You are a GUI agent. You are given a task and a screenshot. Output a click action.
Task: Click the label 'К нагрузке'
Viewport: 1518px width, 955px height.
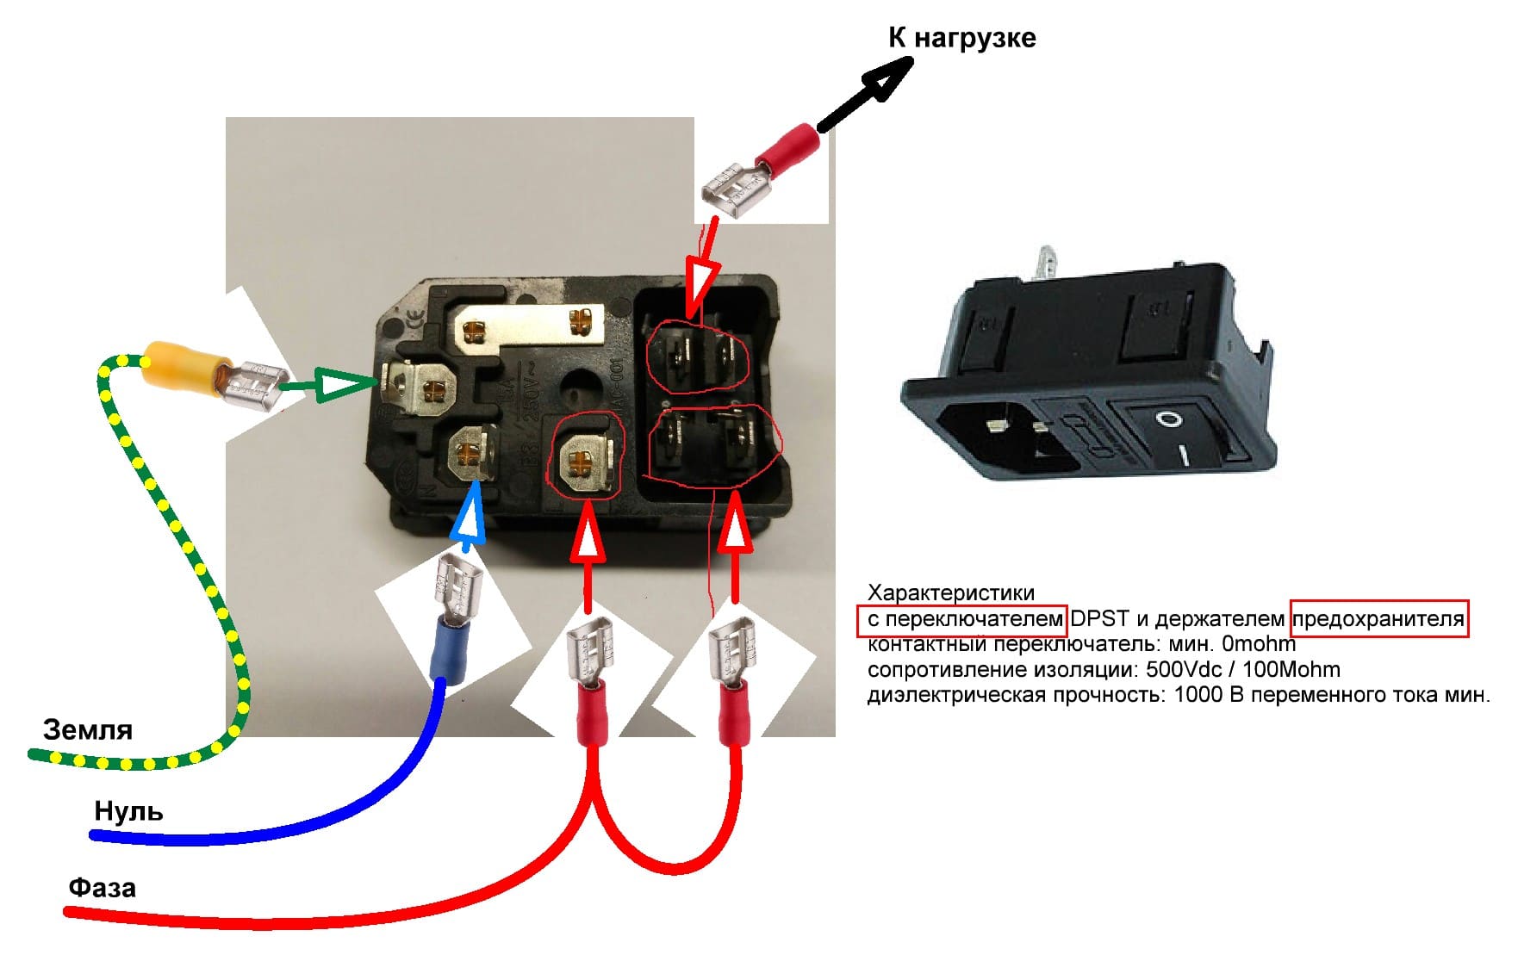(x=961, y=38)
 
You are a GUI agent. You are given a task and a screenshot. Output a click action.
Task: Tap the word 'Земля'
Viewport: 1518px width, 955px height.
(x=88, y=729)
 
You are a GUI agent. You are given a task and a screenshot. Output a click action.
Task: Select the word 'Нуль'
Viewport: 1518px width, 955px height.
(x=128, y=810)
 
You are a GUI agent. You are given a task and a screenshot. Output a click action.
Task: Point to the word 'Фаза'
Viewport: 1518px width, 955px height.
(x=103, y=887)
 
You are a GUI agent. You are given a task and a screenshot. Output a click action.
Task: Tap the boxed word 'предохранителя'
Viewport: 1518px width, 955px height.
(x=1378, y=618)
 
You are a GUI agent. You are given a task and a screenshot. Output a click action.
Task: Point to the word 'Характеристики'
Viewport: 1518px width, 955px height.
(x=950, y=592)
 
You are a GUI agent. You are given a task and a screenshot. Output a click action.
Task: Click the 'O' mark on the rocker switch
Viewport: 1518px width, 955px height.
(x=1169, y=419)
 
